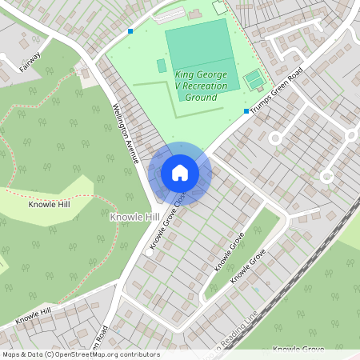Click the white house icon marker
(x=180, y=172)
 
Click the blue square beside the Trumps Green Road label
(x=246, y=111)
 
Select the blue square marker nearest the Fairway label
(x=130, y=31)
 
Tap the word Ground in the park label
(x=201, y=97)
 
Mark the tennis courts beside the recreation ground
(x=254, y=79)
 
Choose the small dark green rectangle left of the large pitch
(x=162, y=66)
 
